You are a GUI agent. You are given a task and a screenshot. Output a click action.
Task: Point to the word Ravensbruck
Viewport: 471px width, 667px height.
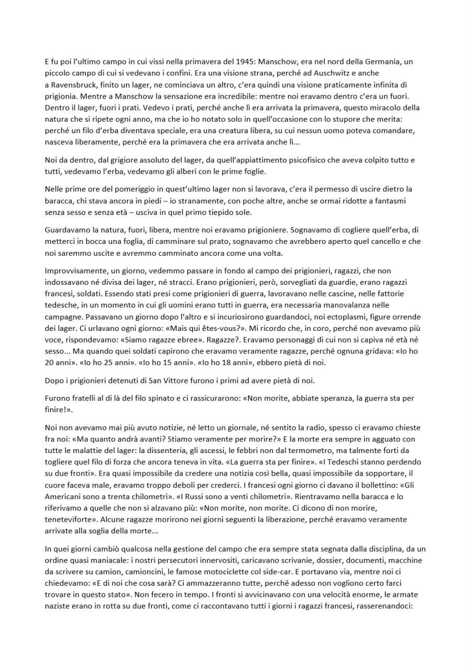pos(74,84)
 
